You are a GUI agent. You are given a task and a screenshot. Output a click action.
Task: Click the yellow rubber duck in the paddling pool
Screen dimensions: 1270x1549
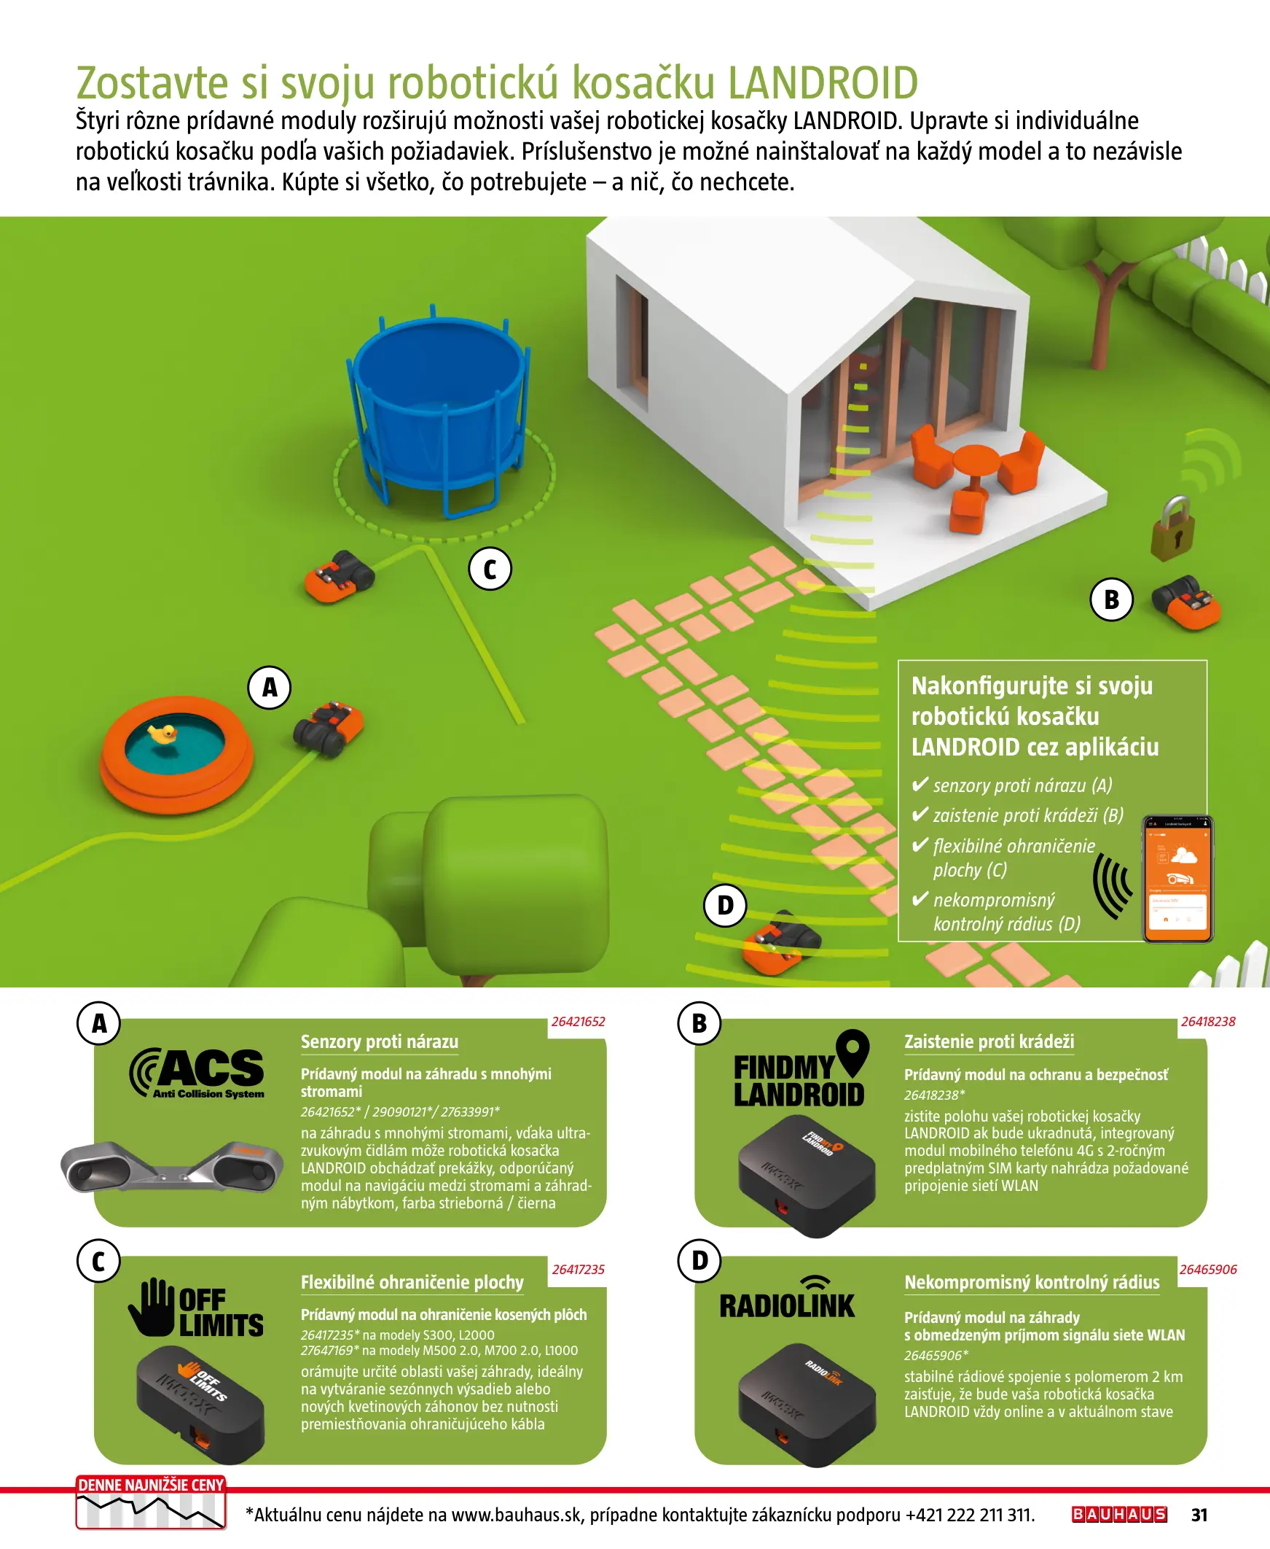coord(162,734)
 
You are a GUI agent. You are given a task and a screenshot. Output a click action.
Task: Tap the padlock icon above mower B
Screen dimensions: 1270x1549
coord(1173,529)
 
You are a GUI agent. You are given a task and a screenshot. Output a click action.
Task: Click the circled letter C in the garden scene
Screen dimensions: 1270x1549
coord(490,569)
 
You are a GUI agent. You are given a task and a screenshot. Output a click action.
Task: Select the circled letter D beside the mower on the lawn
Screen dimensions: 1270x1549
coord(725,906)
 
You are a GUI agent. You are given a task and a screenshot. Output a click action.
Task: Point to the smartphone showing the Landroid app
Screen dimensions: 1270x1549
coord(1177,879)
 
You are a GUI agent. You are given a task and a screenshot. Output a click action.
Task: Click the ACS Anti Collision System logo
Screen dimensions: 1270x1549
coord(197,1074)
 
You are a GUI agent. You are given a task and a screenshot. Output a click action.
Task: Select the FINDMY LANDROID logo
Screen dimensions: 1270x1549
coord(801,1069)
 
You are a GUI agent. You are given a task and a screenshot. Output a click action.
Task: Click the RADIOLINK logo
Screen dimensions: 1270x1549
coord(787,1298)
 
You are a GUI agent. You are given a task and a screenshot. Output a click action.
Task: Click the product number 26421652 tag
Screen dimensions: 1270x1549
coord(578,1021)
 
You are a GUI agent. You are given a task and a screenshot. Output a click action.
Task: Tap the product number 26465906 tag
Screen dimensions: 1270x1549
coord(1208,1270)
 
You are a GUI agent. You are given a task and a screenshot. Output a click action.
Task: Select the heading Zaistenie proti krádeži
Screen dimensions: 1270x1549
coord(989,1041)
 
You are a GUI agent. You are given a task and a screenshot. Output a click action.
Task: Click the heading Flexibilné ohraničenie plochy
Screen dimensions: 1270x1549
coord(412,1282)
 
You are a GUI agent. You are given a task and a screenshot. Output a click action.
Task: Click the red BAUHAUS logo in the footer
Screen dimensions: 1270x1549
coord(1119,1514)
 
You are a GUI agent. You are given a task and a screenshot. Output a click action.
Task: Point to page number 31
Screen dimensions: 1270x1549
coord(1199,1515)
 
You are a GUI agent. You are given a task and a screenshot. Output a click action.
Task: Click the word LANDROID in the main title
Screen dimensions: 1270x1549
coord(823,82)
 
